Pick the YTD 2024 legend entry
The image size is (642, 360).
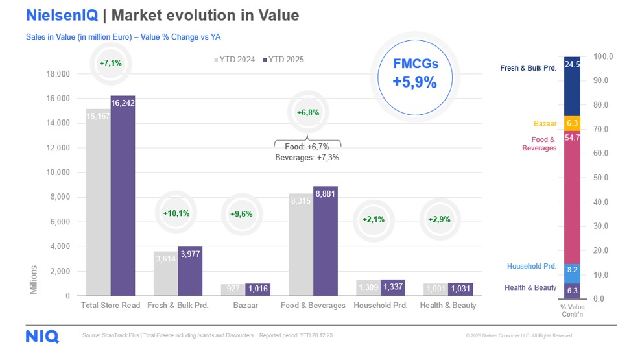click(x=235, y=60)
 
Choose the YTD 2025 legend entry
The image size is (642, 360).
click(x=283, y=60)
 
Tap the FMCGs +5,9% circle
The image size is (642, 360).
click(x=415, y=73)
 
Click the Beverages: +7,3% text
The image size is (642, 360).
click(x=307, y=158)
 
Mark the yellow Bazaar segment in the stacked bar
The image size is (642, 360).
click(x=571, y=123)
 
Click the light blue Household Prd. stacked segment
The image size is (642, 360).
click(x=571, y=269)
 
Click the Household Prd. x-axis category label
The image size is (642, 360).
click(x=380, y=305)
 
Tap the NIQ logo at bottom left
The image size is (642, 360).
click(x=42, y=336)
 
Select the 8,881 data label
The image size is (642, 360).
click(x=326, y=193)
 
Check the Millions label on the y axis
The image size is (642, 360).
click(x=34, y=279)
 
